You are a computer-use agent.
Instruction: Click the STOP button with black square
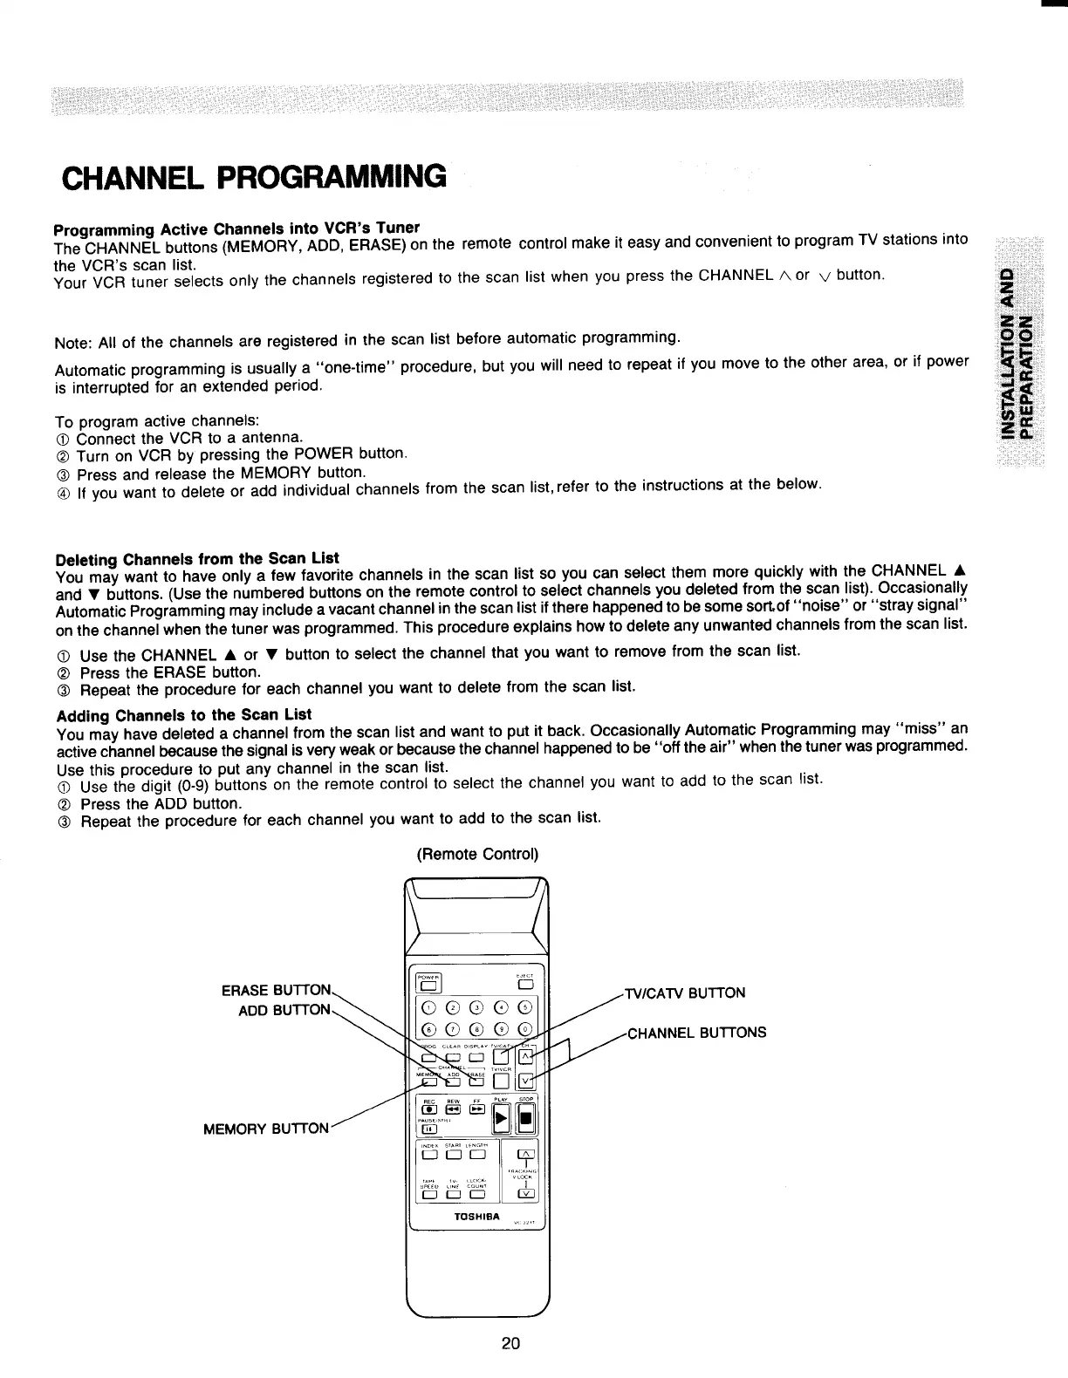coord(526,1120)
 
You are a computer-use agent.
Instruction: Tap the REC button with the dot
coord(428,1109)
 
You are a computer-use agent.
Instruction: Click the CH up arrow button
coord(526,1057)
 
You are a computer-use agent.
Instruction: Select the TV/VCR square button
coord(501,1082)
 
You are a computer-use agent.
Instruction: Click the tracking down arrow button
coord(526,1194)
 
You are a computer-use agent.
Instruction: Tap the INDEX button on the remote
coord(428,1156)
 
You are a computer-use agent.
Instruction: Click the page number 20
coord(511,1343)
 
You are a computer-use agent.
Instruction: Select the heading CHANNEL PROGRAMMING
coord(254,177)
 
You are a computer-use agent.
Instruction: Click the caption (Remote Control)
coord(476,854)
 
